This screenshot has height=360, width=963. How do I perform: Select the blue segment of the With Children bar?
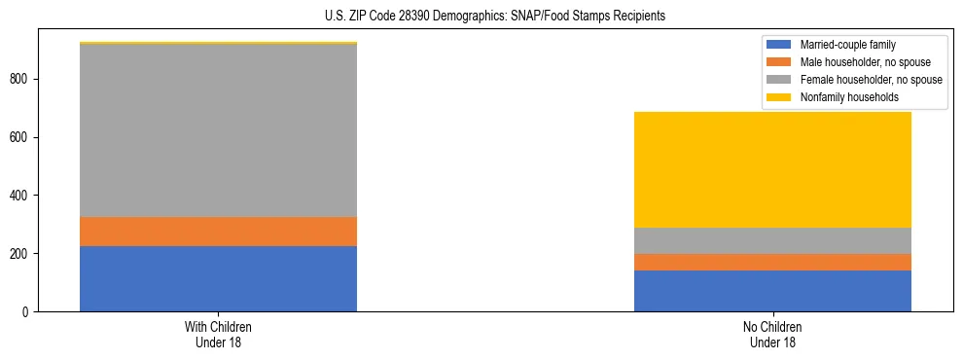pos(218,278)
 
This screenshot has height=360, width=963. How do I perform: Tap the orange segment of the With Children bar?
pos(218,232)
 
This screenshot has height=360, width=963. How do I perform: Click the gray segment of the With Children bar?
pos(218,130)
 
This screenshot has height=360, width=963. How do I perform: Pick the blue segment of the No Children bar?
pos(772,291)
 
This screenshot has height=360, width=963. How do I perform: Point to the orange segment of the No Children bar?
pos(772,262)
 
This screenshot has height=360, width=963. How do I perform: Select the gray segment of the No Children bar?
pos(772,240)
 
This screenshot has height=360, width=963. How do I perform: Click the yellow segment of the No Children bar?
pos(772,169)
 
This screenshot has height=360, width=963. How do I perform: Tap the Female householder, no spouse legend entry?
pos(862,80)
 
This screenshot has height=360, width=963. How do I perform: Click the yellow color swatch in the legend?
pos(779,97)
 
